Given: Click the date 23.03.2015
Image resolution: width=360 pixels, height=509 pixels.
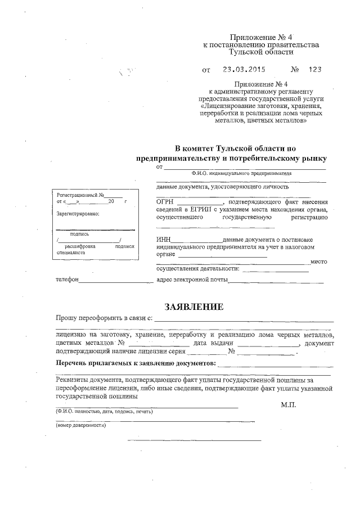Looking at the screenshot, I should pyautogui.click(x=242, y=71).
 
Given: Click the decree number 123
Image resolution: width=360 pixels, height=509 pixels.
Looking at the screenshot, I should pyautogui.click(x=315, y=71).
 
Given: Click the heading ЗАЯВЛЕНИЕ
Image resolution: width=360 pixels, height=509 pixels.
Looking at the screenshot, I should pyautogui.click(x=193, y=307).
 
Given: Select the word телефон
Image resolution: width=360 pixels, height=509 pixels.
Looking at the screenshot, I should pyautogui.click(x=66, y=280).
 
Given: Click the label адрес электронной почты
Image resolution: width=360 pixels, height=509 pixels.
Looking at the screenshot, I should pyautogui.click(x=191, y=280).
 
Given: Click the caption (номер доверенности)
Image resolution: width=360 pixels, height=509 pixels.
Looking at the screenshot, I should pyautogui.click(x=81, y=425).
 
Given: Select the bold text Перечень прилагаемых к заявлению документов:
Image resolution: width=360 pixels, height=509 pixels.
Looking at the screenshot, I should pyautogui.click(x=135, y=364).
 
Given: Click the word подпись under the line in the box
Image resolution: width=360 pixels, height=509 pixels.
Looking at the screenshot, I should pyautogui.click(x=80, y=233).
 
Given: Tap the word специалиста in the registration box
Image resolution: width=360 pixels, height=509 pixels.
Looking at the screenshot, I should pyautogui.click(x=71, y=253).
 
